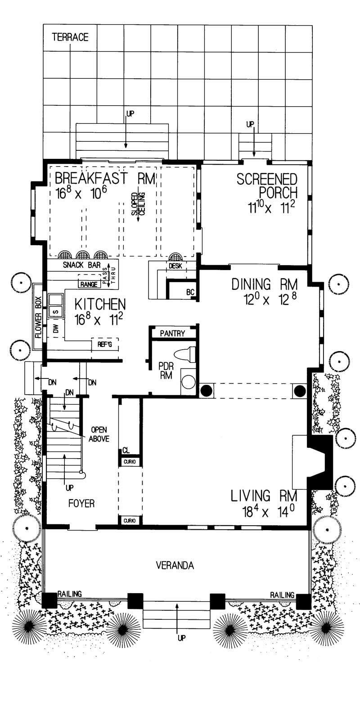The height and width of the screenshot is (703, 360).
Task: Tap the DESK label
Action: [175, 266]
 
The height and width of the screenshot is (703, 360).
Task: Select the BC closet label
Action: [190, 293]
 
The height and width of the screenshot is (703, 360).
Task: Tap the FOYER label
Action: [81, 503]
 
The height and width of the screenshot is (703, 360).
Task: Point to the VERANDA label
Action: [175, 565]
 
